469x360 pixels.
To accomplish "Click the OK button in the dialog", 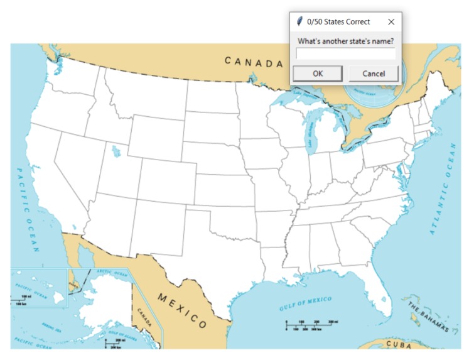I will click(x=318, y=74).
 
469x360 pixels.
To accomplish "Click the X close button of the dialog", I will click(x=391, y=21).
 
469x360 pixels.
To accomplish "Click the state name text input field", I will click(x=346, y=54).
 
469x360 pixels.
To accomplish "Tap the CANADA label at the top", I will click(x=254, y=62).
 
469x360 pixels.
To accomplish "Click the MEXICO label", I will click(x=182, y=310).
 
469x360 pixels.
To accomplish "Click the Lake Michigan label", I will click(x=311, y=134).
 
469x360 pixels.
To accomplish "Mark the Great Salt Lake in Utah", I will click(x=114, y=151).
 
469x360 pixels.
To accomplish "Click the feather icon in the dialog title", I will click(x=300, y=21).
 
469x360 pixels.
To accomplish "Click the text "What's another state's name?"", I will click(x=345, y=41).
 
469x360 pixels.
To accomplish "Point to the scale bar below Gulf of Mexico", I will click(x=308, y=325).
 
